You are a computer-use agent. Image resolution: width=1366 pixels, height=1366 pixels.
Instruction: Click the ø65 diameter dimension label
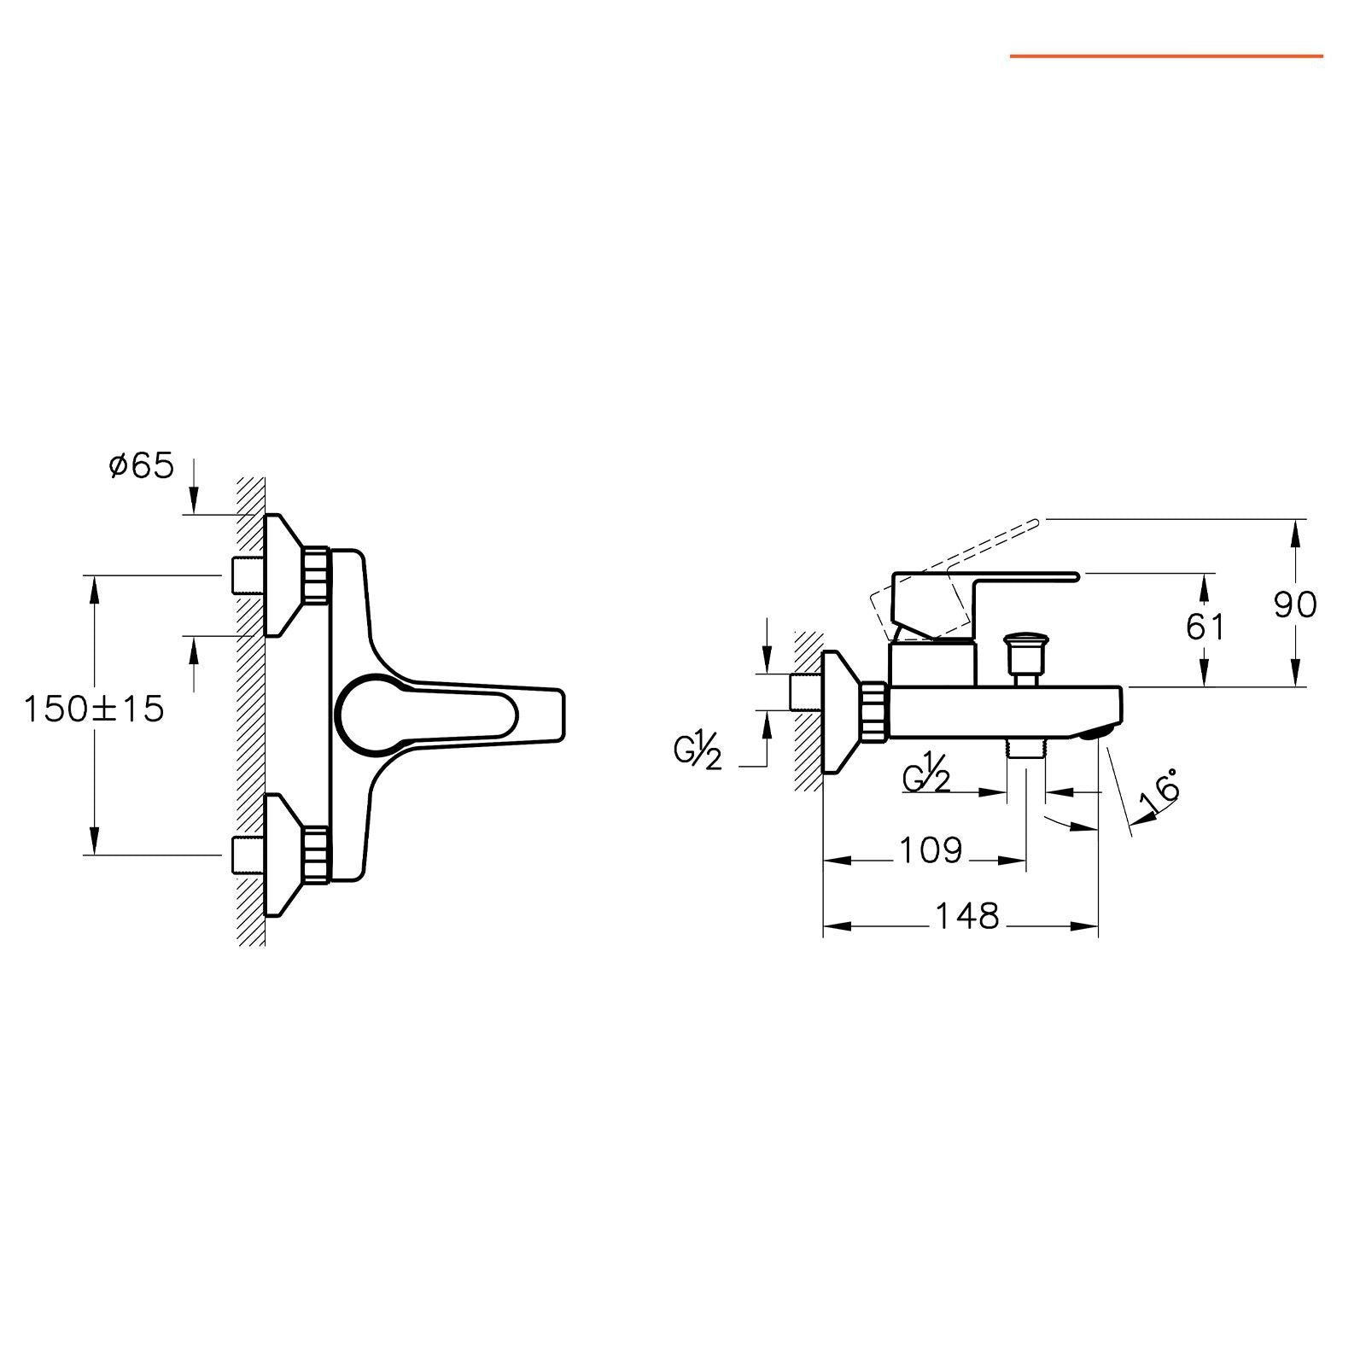tap(142, 466)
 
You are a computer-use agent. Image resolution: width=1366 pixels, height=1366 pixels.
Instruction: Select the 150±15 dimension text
tap(94, 709)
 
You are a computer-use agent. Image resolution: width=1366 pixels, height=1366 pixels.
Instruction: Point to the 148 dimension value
tap(967, 916)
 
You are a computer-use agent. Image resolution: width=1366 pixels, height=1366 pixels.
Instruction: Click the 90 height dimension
tap(1296, 604)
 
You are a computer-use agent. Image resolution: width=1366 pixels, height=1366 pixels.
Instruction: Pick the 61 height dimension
tap(1205, 628)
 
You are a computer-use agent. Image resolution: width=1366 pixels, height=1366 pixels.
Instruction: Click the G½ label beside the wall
tap(698, 752)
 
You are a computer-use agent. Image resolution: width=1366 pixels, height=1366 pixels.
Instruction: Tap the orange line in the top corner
tap(1167, 56)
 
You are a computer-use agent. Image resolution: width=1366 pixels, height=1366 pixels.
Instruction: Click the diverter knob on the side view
tap(1024, 654)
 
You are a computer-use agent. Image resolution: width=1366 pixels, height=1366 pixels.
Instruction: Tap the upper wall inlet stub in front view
tap(246, 575)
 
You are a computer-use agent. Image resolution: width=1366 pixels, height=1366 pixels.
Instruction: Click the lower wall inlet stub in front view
tap(246, 855)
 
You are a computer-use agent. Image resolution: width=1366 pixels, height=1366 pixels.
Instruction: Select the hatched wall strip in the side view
tap(808, 710)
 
